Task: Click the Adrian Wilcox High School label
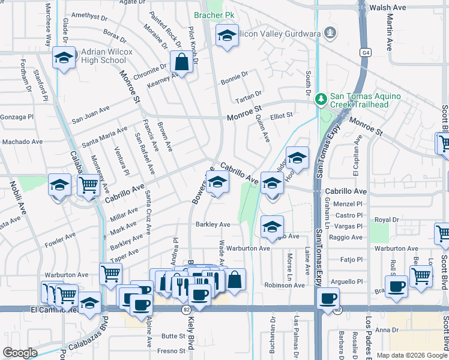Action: coord(96,56)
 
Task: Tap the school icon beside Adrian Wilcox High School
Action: coord(64,58)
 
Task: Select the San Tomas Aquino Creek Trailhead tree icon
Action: coord(322,98)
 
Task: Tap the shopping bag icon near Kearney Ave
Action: coord(181,61)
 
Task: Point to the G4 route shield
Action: coord(364,53)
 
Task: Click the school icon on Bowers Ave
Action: coord(217,182)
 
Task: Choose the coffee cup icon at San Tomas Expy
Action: coord(328,299)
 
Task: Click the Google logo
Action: coord(20,352)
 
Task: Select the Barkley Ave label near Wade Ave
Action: coord(212,224)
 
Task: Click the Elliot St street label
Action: coord(281,115)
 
